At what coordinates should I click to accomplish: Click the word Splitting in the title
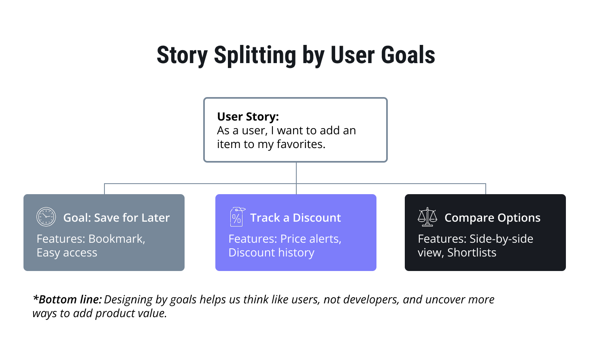point(255,55)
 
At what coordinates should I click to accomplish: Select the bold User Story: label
point(248,116)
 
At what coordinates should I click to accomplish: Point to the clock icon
point(46,217)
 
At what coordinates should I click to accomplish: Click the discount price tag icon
point(237,217)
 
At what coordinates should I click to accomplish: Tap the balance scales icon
point(427,217)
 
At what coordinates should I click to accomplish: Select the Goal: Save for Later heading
point(116,218)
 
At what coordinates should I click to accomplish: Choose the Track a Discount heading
point(295,218)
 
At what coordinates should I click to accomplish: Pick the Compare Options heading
point(492,218)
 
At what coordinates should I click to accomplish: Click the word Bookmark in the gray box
point(116,239)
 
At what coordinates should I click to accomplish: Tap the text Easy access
point(67,253)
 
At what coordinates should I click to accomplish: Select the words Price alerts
point(310,239)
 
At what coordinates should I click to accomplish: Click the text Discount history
point(271,253)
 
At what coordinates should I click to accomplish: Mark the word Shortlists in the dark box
point(472,253)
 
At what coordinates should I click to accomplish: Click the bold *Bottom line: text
point(67,300)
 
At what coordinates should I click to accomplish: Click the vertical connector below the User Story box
point(296,173)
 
